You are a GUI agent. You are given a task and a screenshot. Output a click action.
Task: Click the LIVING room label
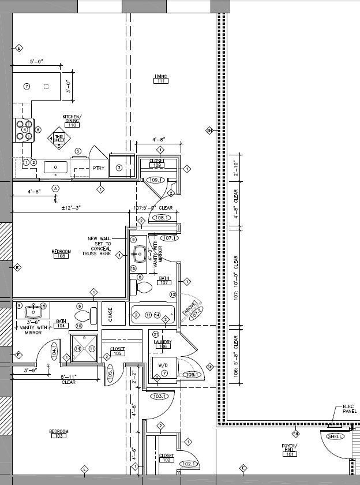point(160,76)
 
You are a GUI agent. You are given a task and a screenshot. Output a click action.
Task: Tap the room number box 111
point(160,81)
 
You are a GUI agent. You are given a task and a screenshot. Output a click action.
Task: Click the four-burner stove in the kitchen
point(23,130)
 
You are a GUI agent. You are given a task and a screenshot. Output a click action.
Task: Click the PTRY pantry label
point(99,168)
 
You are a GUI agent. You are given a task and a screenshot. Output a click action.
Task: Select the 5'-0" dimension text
point(37,62)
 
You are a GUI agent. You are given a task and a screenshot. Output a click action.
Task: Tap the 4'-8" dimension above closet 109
point(159,140)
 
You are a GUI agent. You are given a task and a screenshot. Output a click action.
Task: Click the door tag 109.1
point(156,180)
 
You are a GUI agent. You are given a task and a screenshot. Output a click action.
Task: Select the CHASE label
point(110,314)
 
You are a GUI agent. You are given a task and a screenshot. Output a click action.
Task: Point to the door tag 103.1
point(160,397)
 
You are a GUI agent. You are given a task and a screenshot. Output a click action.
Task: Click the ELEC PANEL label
point(350,409)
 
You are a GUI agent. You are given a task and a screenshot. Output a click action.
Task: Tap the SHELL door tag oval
point(335,436)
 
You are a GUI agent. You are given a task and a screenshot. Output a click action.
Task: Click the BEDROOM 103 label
point(59,433)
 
